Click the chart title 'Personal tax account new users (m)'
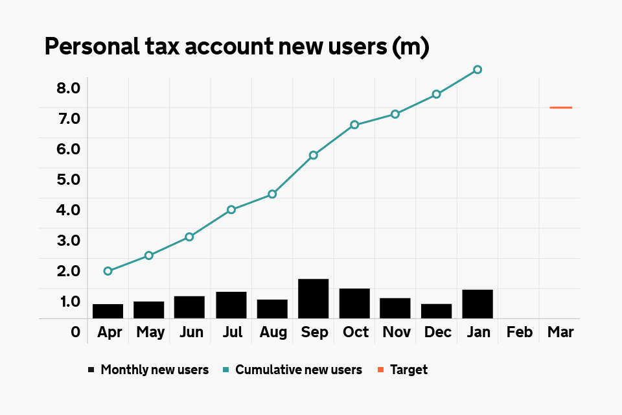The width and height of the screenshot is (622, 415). pyautogui.click(x=236, y=48)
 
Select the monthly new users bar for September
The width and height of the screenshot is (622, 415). pyautogui.click(x=314, y=298)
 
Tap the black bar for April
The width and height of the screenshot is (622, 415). pyautogui.click(x=108, y=311)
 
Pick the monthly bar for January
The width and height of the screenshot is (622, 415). pyautogui.click(x=478, y=304)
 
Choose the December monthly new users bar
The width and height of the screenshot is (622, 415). pyautogui.click(x=437, y=311)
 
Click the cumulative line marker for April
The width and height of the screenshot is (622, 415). pyautogui.click(x=108, y=271)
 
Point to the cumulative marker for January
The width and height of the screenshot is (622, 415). pyautogui.click(x=478, y=69)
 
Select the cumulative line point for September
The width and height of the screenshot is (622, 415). pyautogui.click(x=314, y=155)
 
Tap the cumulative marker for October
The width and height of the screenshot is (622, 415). pyautogui.click(x=354, y=124)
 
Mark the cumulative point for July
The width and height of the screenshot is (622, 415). pyautogui.click(x=231, y=209)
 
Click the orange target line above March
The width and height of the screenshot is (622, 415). pyautogui.click(x=560, y=108)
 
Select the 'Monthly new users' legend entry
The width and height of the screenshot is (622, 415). pyautogui.click(x=148, y=370)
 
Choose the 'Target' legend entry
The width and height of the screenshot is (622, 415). pyautogui.click(x=402, y=370)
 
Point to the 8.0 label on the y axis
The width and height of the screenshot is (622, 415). pyautogui.click(x=68, y=88)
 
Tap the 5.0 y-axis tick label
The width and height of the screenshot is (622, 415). pyautogui.click(x=68, y=179)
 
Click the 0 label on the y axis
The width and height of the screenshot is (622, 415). pyautogui.click(x=76, y=333)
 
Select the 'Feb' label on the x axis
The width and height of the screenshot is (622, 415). pyautogui.click(x=520, y=333)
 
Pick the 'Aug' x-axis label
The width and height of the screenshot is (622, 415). pyautogui.click(x=273, y=333)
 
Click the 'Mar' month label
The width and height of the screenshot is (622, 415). pyautogui.click(x=560, y=333)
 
